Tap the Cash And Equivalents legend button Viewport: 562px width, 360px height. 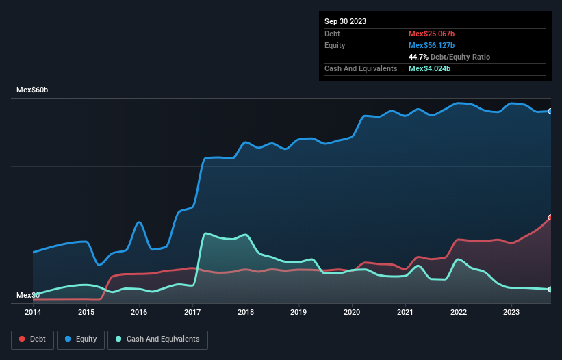157,339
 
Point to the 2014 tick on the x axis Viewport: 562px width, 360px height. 33,312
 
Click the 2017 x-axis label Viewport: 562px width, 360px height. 192,312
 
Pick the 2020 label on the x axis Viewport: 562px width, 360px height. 352,312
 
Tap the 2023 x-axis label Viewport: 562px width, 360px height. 511,312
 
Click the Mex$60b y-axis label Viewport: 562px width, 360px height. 33,90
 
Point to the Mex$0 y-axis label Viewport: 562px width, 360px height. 28,295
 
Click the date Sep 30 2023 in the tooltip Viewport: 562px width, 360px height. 345,21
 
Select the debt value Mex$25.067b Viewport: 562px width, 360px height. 432,34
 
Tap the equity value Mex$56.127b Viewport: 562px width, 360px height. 432,45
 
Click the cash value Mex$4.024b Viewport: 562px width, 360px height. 430,68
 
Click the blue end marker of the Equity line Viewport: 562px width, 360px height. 550,111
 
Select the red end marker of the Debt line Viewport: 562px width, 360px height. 550,217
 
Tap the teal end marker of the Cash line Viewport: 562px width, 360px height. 550,290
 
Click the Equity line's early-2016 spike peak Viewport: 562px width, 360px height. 139,222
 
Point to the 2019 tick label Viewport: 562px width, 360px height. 298,312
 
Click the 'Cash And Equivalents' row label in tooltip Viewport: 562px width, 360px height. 361,68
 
